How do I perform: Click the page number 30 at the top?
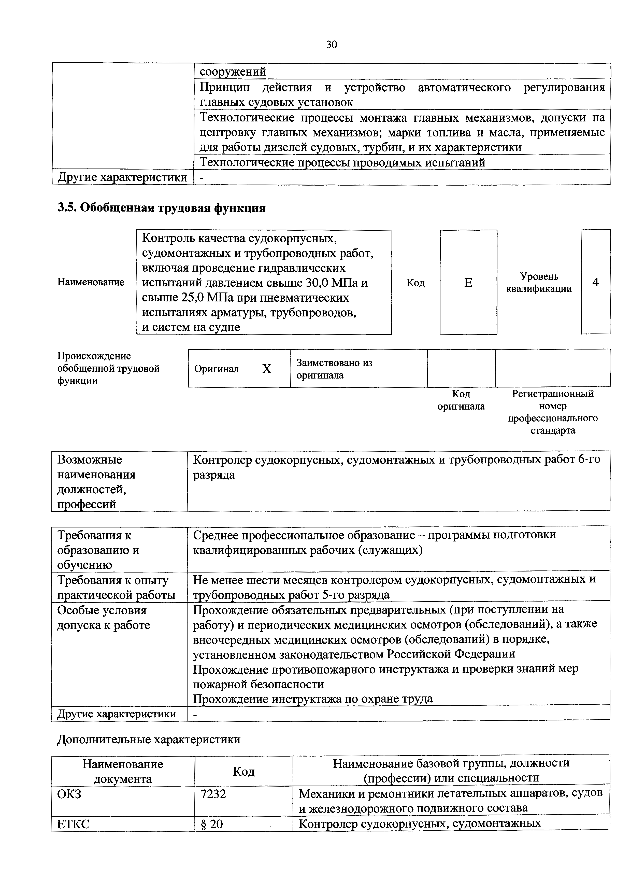(x=331, y=45)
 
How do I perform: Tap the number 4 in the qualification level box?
(x=595, y=282)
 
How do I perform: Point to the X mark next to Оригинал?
(x=266, y=369)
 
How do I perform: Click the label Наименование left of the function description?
(x=91, y=282)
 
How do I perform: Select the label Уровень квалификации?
(x=539, y=282)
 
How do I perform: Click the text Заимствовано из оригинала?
(x=334, y=369)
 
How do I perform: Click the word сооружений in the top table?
(x=233, y=72)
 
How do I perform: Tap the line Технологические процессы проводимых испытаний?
(x=342, y=162)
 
